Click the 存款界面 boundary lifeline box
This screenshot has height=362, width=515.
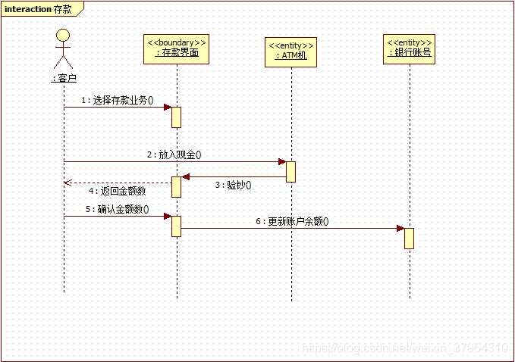(177, 48)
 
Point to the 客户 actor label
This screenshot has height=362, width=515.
(64, 77)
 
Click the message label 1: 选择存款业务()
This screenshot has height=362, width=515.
(117, 100)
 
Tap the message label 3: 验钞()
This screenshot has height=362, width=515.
(233, 185)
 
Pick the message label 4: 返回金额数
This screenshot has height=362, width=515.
(117, 191)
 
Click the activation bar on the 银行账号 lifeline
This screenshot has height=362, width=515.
(409, 238)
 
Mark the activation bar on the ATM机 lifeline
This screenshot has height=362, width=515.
(291, 172)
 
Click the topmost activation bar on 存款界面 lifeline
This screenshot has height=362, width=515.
(176, 117)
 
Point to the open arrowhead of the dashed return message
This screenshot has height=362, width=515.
(68, 183)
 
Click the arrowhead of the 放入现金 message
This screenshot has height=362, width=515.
(281, 161)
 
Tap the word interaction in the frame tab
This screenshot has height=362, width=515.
(28, 9)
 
